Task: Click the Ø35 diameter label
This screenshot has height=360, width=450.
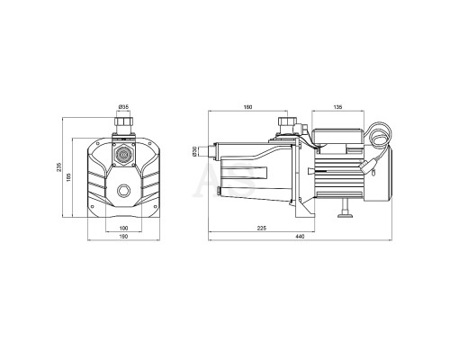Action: click(123, 106)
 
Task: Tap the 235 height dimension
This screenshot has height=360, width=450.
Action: click(59, 167)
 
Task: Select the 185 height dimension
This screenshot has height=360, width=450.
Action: click(68, 177)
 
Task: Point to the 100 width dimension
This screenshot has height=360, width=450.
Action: click(123, 228)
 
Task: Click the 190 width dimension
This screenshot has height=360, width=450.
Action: click(123, 237)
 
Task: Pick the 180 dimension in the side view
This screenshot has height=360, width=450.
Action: click(248, 107)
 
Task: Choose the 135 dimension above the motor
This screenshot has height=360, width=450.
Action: click(337, 107)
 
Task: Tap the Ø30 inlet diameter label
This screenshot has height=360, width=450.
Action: click(194, 151)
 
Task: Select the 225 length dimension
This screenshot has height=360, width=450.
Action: click(262, 228)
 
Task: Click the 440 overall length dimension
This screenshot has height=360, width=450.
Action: click(300, 237)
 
